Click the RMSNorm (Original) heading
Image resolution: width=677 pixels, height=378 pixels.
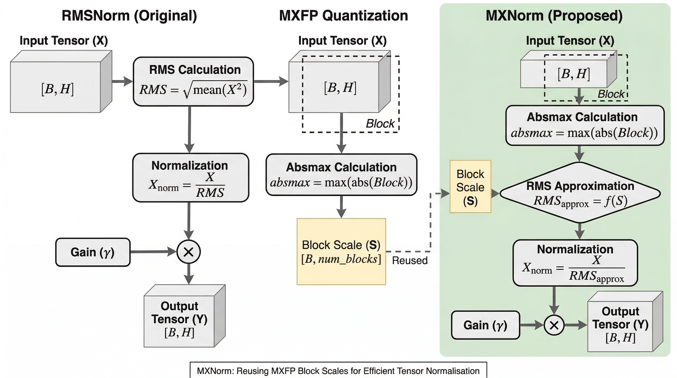(x=129, y=16)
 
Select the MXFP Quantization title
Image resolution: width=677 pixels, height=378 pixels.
(x=343, y=16)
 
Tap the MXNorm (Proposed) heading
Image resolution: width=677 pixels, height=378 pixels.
(x=554, y=16)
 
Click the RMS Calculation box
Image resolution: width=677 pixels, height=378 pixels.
(x=193, y=81)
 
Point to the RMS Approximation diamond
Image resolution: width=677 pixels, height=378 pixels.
(x=580, y=193)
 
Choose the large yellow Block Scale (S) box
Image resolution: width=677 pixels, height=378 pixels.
(x=341, y=252)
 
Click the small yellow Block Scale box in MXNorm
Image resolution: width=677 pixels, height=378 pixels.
(x=470, y=187)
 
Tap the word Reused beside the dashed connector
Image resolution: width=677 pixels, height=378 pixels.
(x=410, y=261)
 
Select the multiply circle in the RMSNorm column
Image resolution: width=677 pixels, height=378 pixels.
(x=189, y=252)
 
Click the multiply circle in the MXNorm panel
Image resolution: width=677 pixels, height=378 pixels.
(x=554, y=325)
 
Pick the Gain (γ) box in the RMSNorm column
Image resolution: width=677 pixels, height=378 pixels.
(x=93, y=252)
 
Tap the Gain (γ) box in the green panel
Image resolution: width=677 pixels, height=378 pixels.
(x=485, y=325)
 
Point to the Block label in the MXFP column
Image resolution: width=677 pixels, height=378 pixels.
(x=380, y=124)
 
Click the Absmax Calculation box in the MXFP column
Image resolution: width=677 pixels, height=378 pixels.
(x=341, y=174)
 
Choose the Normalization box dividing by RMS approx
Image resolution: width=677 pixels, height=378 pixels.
(x=575, y=263)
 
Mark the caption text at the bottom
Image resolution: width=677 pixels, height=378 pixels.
(x=338, y=371)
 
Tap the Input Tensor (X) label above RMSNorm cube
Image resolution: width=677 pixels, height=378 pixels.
(x=64, y=41)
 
